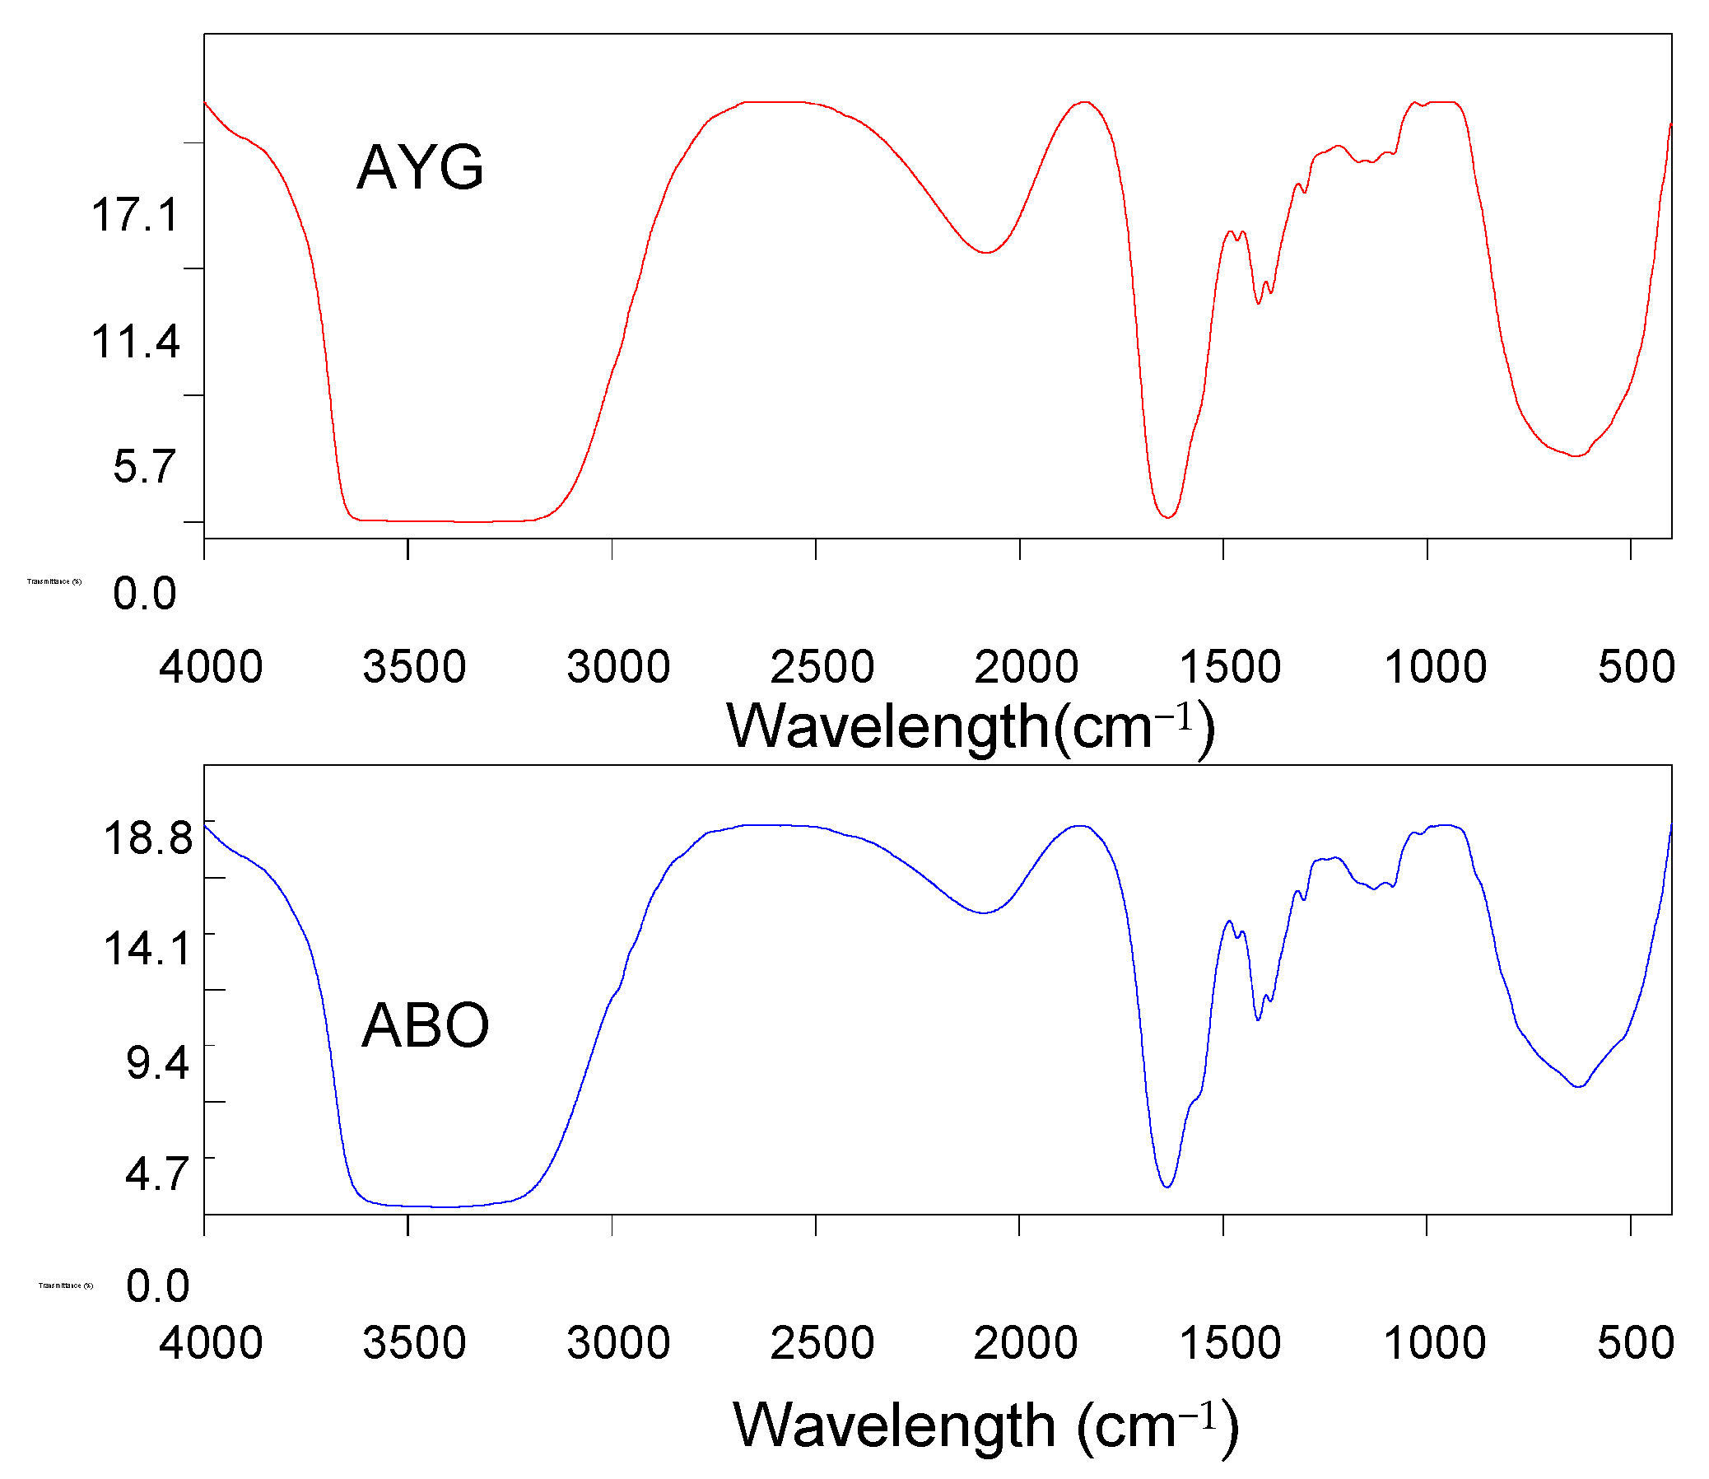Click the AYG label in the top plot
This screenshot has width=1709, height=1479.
tap(420, 167)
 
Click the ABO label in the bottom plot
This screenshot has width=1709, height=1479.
tap(426, 1025)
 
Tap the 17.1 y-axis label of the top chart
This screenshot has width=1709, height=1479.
tap(135, 216)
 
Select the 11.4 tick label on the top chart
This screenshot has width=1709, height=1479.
tap(135, 342)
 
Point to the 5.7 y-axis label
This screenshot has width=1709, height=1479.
tap(145, 467)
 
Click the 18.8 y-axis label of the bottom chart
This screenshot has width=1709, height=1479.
tap(147, 837)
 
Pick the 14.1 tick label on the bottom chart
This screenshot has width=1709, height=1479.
tap(147, 948)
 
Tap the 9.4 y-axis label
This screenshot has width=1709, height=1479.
tap(157, 1061)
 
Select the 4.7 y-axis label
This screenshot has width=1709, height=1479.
tap(157, 1173)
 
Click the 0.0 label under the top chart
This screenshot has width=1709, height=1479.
tap(145, 595)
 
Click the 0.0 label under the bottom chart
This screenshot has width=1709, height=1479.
tap(157, 1285)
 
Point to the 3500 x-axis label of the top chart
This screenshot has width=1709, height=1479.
tap(414, 667)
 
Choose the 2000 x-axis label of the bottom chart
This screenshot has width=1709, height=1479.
tap(1026, 1343)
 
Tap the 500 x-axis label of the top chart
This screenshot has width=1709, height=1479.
tap(1637, 667)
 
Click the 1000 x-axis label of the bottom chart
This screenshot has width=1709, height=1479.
tap(1435, 1343)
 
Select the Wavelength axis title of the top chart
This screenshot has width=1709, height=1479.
tap(971, 727)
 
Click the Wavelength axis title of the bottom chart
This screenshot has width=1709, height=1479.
tap(985, 1425)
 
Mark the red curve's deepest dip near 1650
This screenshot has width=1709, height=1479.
tap(1166, 517)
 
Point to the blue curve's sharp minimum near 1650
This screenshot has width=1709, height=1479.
tap(1166, 1187)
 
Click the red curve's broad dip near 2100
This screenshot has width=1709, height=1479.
tap(985, 253)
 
